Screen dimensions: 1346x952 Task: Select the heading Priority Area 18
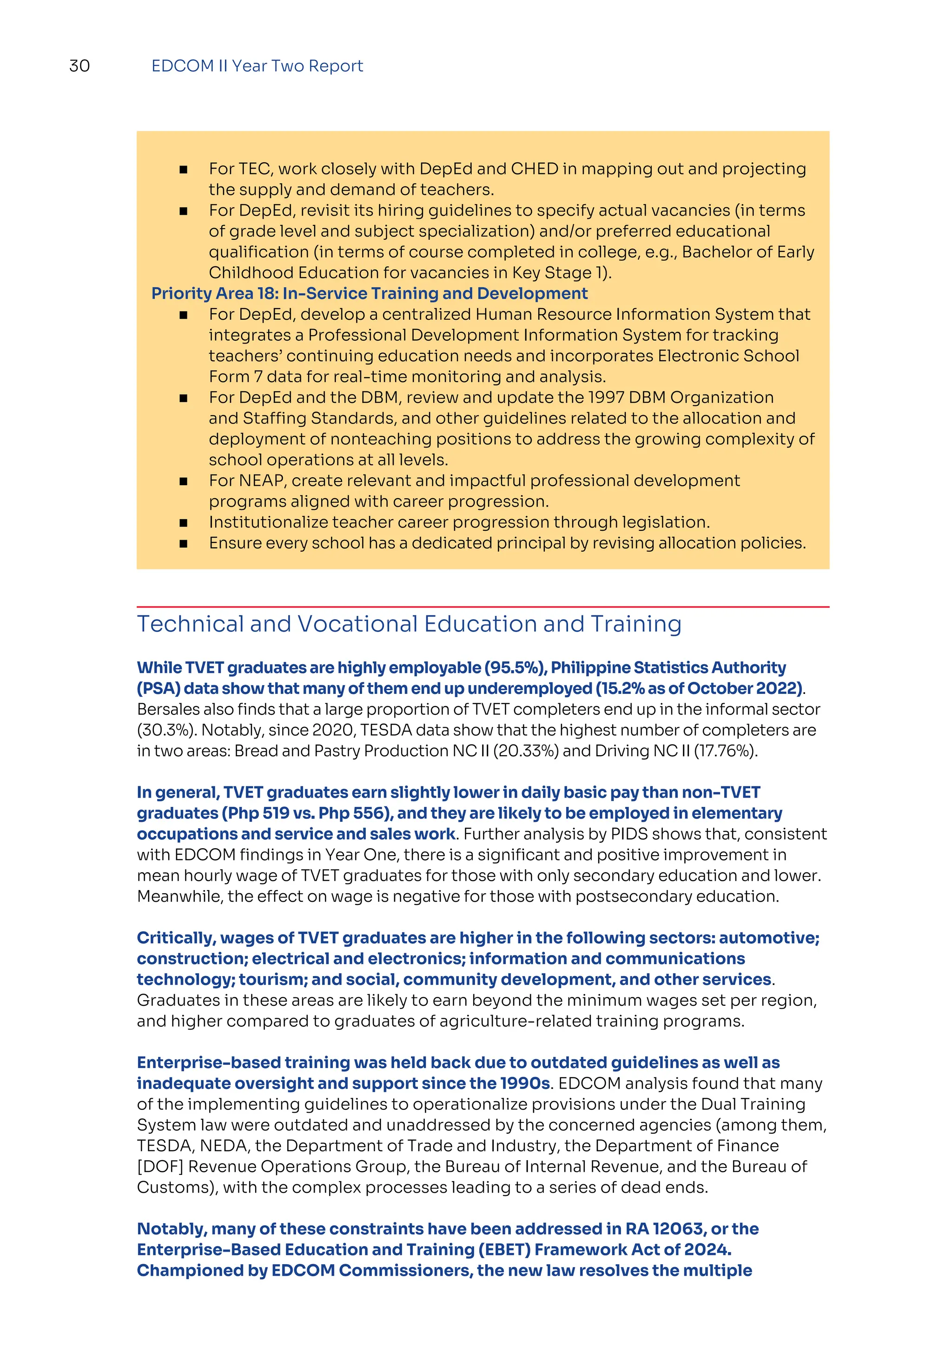pyautogui.click(x=369, y=293)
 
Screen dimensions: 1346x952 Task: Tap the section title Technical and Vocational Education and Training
pyautogui.click(x=409, y=624)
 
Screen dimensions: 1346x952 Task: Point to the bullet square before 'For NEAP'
pyautogui.click(x=184, y=482)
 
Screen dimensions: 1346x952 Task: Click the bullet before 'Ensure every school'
pyautogui.click(x=184, y=543)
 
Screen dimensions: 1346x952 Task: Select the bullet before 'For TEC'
pyautogui.click(x=184, y=170)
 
